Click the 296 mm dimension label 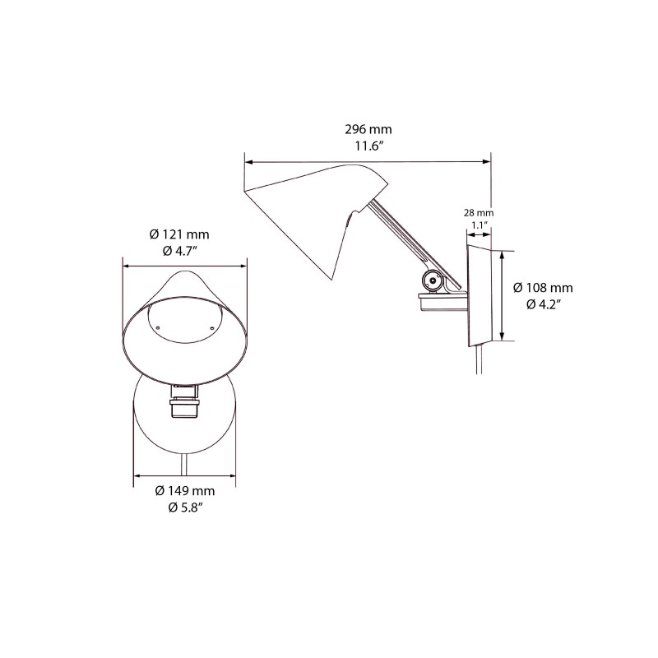[368, 129]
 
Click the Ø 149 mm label [185, 491]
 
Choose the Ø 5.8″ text [185, 507]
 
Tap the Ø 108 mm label [543, 288]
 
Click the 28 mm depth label [480, 211]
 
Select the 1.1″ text [480, 225]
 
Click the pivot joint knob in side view [432, 282]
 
